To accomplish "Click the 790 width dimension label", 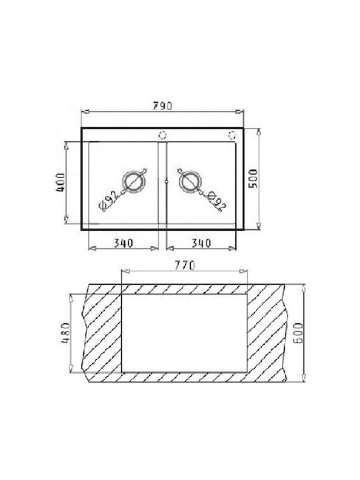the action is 163,106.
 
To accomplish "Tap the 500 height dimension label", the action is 253,179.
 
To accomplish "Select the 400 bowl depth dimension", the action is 61,183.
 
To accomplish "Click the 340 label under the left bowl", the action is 124,243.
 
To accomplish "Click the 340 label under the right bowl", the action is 201,243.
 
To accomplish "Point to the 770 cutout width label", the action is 185,265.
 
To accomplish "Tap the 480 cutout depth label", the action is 66,333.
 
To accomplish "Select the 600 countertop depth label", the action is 298,333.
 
